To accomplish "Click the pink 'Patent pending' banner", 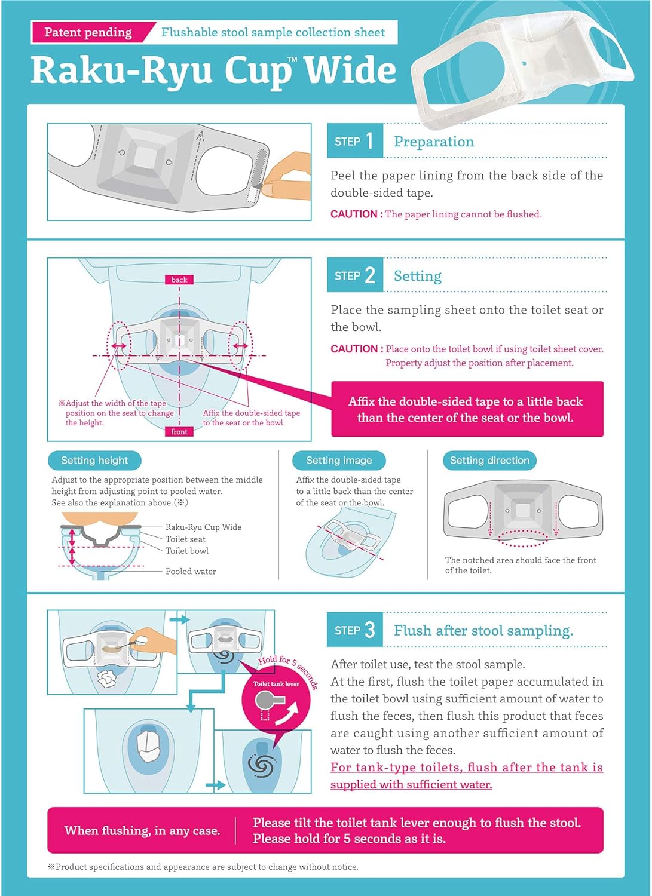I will [88, 32].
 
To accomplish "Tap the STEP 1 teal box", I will [354, 142].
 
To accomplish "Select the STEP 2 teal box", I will [354, 275].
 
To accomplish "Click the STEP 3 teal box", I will [354, 630].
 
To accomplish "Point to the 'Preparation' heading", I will [434, 142].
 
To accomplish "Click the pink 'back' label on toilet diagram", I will [179, 280].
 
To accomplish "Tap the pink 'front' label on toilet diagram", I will [179, 431].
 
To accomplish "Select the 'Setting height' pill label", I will [94, 461].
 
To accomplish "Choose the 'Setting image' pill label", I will [339, 461].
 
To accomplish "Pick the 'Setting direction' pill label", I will [489, 461].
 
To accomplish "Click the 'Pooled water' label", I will [191, 572].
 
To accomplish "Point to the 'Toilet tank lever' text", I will [276, 684].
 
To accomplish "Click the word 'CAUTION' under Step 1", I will [354, 214].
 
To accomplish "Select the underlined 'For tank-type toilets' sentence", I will [466, 775].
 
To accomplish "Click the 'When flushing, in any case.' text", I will [142, 831].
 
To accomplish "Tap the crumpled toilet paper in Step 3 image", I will [109, 679].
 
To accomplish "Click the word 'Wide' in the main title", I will [350, 70].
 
